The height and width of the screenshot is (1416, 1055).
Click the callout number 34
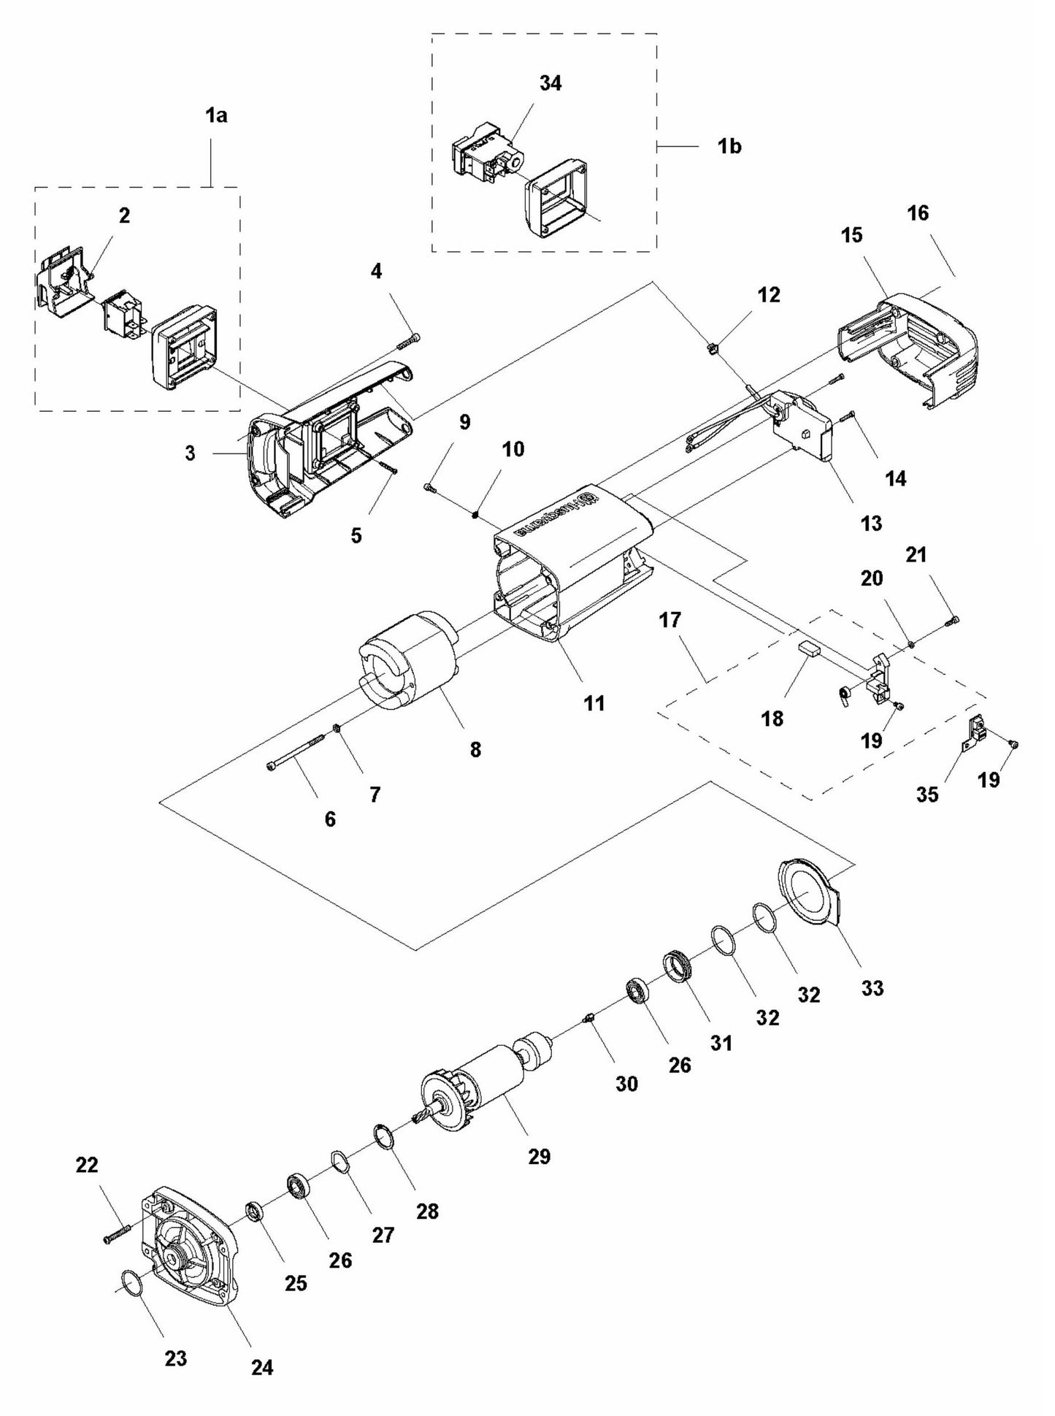point(550,83)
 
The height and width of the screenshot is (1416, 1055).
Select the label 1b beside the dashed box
point(729,146)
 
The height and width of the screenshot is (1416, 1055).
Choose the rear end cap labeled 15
point(913,351)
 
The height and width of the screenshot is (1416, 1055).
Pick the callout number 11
point(594,703)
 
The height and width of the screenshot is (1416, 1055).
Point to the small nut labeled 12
point(713,349)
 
